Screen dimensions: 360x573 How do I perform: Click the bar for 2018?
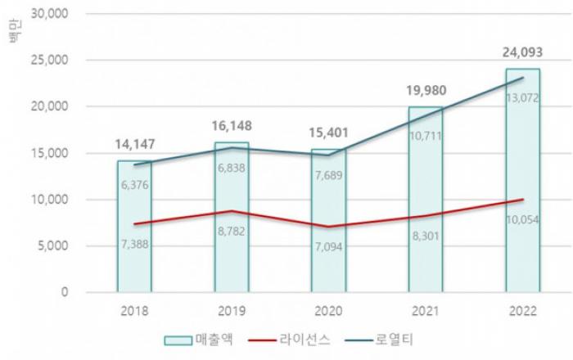[134, 226]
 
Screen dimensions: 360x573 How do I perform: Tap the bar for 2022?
[522, 180]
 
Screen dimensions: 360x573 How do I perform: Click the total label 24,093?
[522, 54]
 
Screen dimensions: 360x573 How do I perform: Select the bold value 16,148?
[232, 127]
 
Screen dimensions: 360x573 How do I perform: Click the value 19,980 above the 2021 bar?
[426, 92]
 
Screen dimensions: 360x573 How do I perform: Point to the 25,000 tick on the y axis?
[52, 61]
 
